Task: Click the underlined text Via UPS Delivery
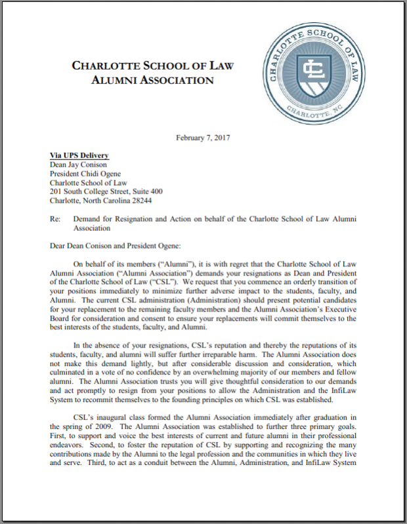point(79,155)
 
